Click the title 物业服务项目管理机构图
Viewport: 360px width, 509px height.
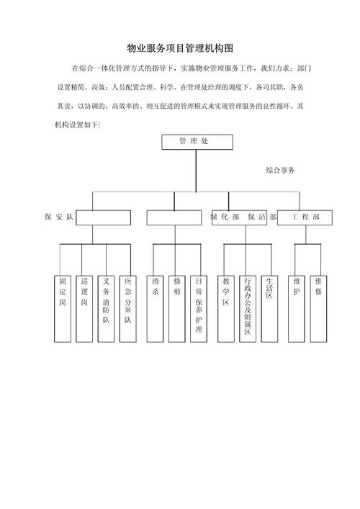point(180,48)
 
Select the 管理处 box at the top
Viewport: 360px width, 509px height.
point(197,142)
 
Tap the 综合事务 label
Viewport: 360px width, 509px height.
point(280,170)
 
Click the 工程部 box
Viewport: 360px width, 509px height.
point(305,217)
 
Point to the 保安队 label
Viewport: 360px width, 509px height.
point(59,217)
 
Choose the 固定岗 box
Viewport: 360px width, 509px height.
point(63,309)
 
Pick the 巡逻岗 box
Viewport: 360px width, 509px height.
point(84,309)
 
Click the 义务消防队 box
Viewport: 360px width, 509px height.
point(106,309)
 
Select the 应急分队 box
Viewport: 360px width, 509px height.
point(128,309)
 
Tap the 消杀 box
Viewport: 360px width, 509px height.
point(156,309)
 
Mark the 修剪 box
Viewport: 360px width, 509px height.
point(177,309)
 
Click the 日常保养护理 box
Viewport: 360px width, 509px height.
point(199,309)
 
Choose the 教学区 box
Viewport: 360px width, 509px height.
point(226,309)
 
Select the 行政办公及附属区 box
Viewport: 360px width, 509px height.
point(248,309)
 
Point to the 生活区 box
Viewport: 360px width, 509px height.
point(269,309)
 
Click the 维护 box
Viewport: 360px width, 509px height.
point(297,309)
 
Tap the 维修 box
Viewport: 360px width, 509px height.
point(318,309)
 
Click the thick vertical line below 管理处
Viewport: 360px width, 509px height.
point(196,171)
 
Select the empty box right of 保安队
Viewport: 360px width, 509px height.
point(104,217)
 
